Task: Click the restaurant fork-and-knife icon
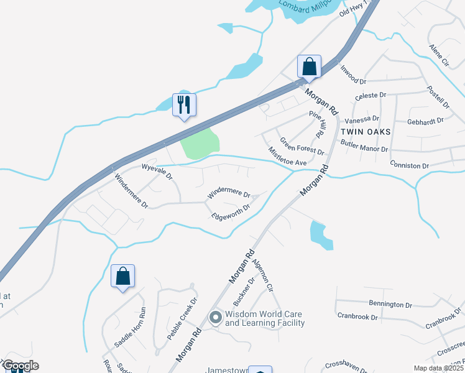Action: point(184,104)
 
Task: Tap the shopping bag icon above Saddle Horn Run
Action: point(122,276)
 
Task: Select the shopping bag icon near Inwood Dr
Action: point(309,66)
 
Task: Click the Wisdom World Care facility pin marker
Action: point(216,318)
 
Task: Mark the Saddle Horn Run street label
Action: point(129,328)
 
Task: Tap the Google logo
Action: point(20,366)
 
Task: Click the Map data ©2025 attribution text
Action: point(439,368)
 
